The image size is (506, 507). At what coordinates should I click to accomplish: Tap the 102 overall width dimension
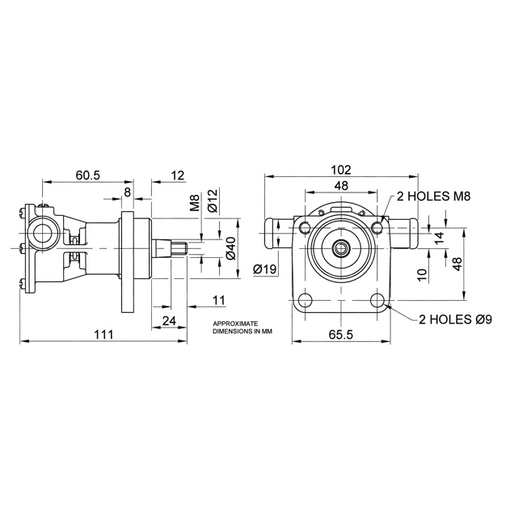coord(341,169)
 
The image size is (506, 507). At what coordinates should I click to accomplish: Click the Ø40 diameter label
coord(230,248)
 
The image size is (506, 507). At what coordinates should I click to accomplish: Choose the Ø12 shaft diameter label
coord(213,201)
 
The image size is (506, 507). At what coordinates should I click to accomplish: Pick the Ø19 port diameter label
coord(265,269)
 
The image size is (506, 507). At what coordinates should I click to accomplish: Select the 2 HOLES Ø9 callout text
coord(456,319)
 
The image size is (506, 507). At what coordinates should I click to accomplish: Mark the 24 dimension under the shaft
coord(169,320)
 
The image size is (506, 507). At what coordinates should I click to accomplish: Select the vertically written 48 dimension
coord(457,264)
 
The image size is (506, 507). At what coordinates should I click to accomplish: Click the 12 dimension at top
coord(178,175)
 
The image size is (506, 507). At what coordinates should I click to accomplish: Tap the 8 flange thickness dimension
coord(127,192)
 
